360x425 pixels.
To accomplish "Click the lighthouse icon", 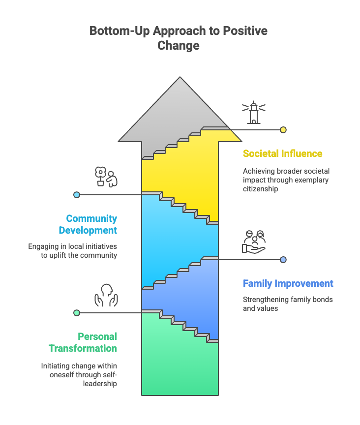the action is tap(253, 113).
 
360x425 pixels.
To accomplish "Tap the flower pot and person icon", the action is tap(106, 177).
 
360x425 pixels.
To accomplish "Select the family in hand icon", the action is tap(254, 242).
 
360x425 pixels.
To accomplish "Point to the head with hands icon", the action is tap(106, 295).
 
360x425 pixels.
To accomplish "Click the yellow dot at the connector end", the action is tap(283, 130).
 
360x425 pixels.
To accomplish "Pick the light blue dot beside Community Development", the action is tap(77, 195).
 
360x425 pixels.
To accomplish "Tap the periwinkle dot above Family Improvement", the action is tap(283, 260).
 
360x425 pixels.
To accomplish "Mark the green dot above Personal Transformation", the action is tap(77, 313).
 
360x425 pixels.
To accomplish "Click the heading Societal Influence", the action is tap(282, 153).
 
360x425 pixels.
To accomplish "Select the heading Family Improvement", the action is tap(288, 283).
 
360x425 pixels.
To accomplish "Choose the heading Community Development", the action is tap(88, 224).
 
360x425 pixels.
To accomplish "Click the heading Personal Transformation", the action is tap(83, 342).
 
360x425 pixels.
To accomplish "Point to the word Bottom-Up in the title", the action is tap(120, 30).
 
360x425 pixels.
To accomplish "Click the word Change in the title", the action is tap(179, 45).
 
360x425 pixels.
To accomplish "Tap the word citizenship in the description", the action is tap(261, 189).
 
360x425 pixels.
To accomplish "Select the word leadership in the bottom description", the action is tap(100, 384).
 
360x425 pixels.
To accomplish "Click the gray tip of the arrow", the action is tap(180, 77).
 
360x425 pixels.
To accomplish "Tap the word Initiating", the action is tap(54, 366).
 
